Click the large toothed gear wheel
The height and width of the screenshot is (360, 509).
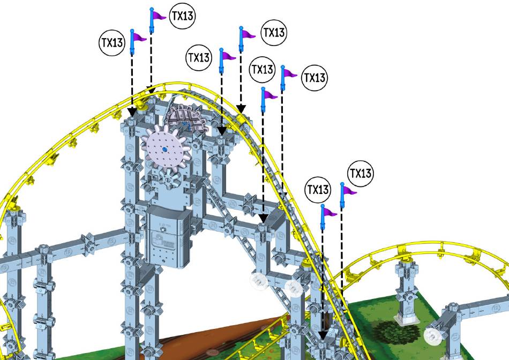(x=165, y=149)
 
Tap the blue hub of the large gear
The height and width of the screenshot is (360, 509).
(x=165, y=149)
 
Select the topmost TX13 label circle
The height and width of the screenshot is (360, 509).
(x=182, y=16)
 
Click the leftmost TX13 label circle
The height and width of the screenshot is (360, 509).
(x=112, y=43)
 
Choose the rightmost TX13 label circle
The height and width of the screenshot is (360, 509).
(x=361, y=174)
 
